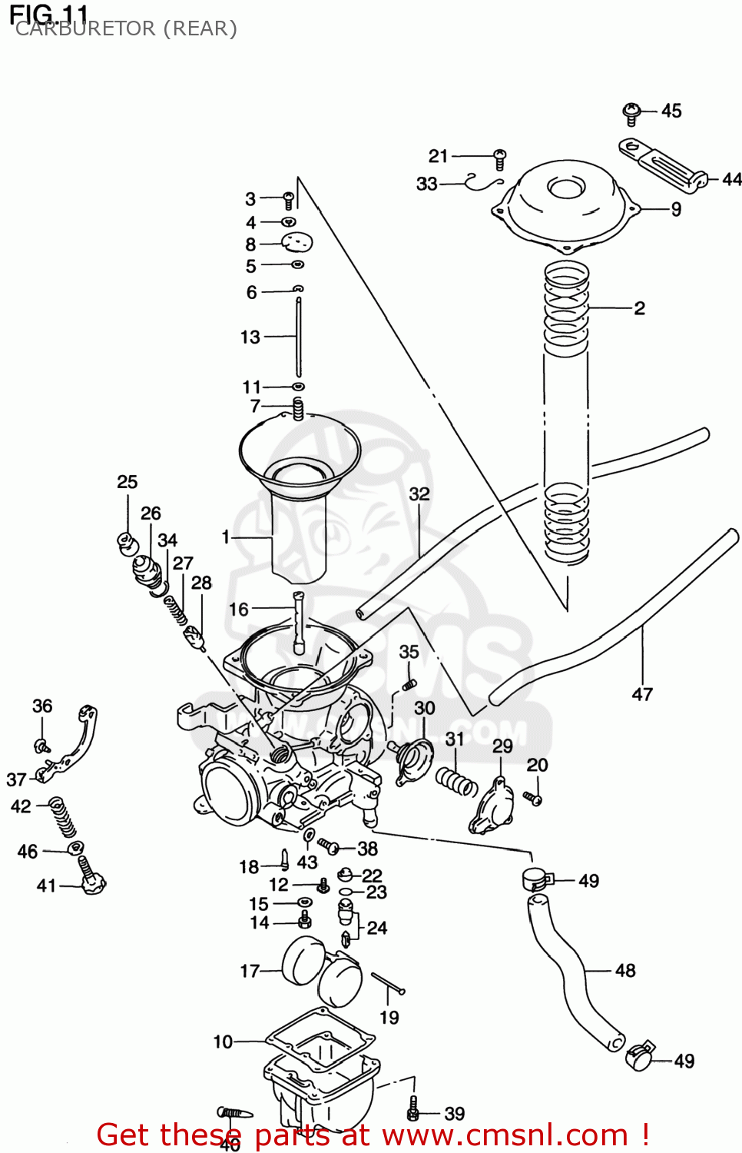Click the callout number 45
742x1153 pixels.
671,111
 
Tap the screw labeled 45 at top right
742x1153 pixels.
631,114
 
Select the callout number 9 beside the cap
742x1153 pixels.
676,209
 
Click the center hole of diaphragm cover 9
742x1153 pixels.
566,188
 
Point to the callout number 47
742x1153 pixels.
642,694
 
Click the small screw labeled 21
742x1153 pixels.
499,158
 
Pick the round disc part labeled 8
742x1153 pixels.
297,243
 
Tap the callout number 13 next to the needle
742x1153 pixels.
250,337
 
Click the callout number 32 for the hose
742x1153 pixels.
419,493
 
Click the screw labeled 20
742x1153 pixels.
533,799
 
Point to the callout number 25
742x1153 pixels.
128,482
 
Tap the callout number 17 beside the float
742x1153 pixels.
250,971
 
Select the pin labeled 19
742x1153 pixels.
388,983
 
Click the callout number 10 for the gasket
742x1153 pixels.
223,1042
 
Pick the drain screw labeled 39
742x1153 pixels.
413,1110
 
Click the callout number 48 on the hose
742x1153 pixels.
625,971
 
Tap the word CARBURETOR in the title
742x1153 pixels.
84,28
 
